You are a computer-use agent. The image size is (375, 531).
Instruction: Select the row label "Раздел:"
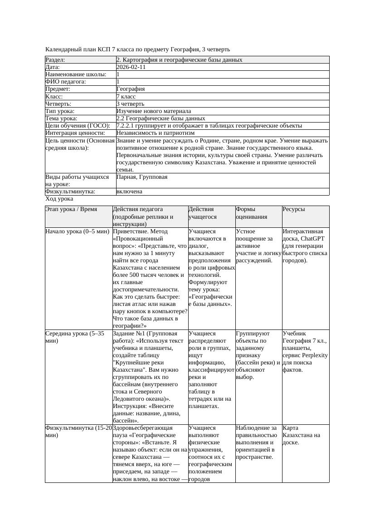point(55,60)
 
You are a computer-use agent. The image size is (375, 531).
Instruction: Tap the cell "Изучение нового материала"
point(153,111)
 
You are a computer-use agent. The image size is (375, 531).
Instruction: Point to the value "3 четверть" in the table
point(130,104)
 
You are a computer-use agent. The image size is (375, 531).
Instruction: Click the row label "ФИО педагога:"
point(66,82)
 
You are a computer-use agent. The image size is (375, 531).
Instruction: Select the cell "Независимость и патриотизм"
point(155,133)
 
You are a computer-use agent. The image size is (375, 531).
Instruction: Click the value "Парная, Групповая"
point(141,177)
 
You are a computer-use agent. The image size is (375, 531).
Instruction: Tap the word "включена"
point(129,192)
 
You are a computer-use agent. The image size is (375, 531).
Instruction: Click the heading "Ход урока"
point(59,199)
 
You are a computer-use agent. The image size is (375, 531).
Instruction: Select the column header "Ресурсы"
point(293,210)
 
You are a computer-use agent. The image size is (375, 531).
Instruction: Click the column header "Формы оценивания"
point(251,213)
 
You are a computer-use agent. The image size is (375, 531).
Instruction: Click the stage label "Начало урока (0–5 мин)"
point(78,231)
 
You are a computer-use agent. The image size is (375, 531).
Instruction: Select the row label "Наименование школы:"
point(76,74)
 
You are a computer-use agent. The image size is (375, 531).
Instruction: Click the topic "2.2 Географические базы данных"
point(161,118)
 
